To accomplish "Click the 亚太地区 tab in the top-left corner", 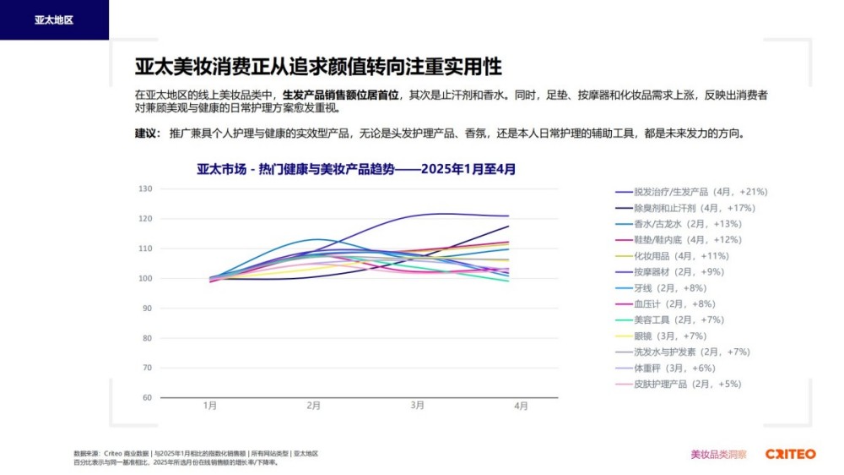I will (54, 19).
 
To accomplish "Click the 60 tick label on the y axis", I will (146, 397).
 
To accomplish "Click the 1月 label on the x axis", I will (210, 406).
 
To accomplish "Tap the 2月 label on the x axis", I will (314, 406).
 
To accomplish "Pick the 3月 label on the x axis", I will (418, 406).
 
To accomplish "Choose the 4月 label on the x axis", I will (522, 406).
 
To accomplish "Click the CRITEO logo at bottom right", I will (790, 454).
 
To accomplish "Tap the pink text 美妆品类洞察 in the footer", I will (718, 454).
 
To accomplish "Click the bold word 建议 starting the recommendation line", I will (146, 134).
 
